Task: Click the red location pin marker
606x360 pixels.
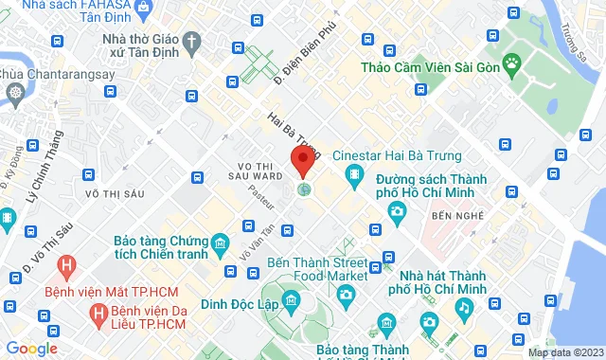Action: [303, 161]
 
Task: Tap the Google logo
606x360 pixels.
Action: [31, 349]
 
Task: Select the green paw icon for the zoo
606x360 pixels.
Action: [512, 65]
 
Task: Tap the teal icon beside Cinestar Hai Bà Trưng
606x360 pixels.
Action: [354, 174]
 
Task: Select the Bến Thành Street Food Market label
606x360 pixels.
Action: [317, 267]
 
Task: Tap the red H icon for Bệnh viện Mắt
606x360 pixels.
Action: [66, 264]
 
